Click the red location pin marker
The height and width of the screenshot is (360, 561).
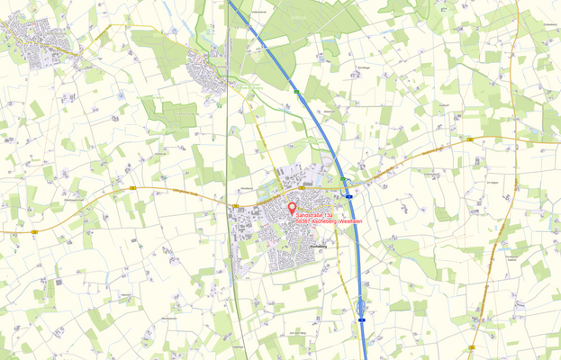(x=291, y=208)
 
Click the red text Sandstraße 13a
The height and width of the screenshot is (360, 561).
(x=316, y=216)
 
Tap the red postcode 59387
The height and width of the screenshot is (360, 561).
(x=306, y=222)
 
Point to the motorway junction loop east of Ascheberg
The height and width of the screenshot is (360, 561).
(x=348, y=184)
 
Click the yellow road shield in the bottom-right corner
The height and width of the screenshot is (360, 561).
(x=472, y=347)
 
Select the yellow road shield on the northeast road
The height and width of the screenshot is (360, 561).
(x=470, y=140)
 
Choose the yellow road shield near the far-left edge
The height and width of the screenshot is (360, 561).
(x=34, y=231)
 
